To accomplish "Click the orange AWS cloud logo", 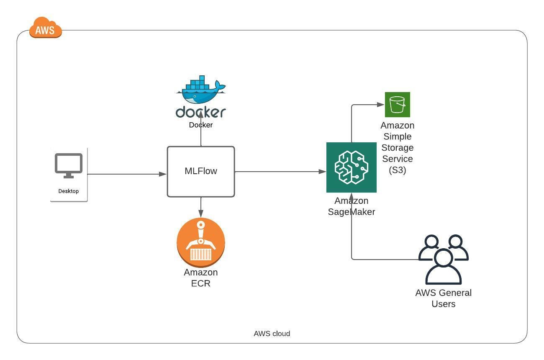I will [45, 29].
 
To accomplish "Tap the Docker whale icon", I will [200, 90].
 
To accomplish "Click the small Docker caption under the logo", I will [200, 125].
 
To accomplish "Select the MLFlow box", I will [200, 171].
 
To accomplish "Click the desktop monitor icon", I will [69, 166].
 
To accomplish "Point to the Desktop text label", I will [68, 191].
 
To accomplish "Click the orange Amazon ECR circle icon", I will [201, 242].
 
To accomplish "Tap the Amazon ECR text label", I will [201, 278].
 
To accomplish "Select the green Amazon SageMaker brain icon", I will [351, 167].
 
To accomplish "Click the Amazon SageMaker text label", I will [351, 206].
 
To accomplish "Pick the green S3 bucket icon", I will [397, 105].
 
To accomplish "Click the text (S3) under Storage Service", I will [397, 170].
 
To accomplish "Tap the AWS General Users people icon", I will [443, 260].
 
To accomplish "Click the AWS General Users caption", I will [443, 298].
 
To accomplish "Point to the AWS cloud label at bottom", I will [272, 334].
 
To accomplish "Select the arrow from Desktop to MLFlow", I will [126, 174].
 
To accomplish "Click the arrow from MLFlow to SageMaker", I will [280, 172].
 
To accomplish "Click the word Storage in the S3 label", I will [397, 148].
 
